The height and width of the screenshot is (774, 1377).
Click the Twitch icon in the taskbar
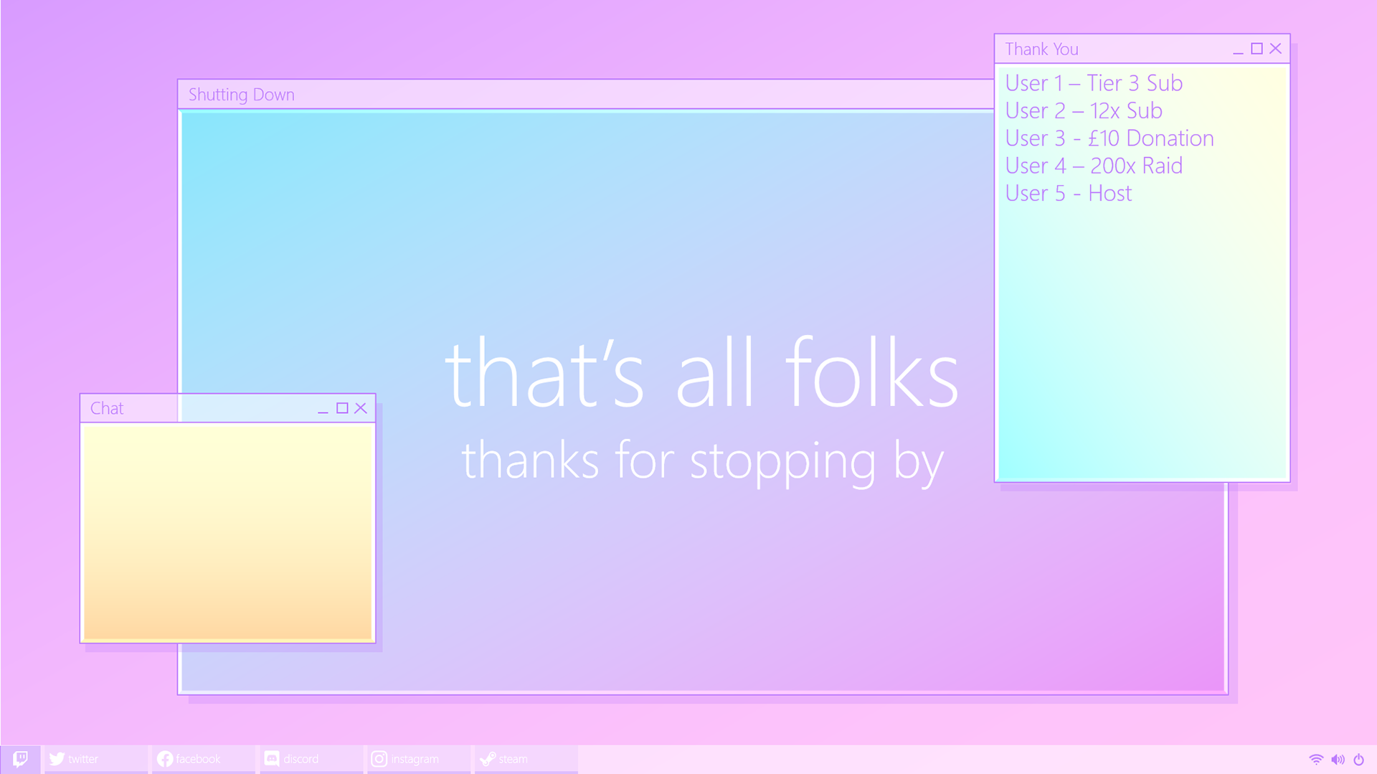[20, 758]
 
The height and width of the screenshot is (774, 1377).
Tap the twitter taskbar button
[96, 759]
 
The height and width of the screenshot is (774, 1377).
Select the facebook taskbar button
[204, 759]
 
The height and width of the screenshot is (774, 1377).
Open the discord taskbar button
[311, 759]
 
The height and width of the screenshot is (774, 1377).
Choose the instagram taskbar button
[419, 759]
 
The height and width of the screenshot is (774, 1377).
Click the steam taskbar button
[526, 759]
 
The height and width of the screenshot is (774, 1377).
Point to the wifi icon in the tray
[1316, 759]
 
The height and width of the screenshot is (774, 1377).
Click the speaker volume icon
[1338, 759]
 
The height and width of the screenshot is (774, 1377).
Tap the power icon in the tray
[1358, 759]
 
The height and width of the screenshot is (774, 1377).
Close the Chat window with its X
[361, 408]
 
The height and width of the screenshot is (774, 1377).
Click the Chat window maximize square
[342, 408]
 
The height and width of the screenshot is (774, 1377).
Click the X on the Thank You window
[1275, 48]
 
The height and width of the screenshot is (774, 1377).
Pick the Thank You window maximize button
[1257, 48]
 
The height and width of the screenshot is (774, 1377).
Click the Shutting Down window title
[242, 95]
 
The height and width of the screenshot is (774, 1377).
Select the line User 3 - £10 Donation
[1109, 138]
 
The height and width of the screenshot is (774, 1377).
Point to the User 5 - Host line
[1069, 193]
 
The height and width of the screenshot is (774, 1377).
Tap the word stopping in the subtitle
[782, 462]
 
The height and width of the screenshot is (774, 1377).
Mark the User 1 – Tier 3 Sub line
[1094, 83]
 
